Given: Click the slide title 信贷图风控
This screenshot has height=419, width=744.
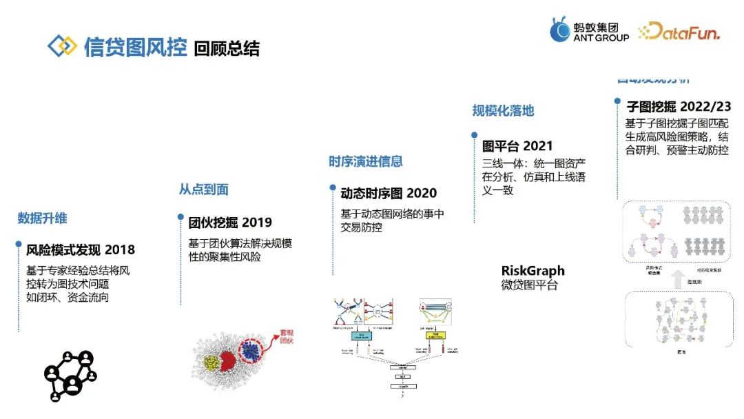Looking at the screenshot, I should pos(135,47).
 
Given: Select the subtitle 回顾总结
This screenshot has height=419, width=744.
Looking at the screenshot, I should pos(227,49).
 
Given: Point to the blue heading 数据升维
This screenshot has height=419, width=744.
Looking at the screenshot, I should pos(42,218).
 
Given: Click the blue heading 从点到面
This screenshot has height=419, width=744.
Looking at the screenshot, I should pos(203,190).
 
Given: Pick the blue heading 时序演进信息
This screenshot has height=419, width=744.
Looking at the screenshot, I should pos(365,162).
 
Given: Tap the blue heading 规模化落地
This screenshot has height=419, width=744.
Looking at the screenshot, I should pos(503,111).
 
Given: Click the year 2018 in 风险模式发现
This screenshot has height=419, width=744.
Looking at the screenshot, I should pos(120,249).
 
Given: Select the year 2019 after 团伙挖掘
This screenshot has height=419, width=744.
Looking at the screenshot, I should pos(256,223).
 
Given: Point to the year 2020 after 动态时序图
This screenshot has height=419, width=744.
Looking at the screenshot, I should pos(422,194).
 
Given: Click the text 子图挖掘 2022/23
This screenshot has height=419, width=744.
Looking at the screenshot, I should pos(678,107).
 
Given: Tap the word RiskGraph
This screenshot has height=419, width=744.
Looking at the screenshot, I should pos(533,271).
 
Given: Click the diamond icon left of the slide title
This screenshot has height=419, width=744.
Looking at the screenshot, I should pos(62,46).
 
